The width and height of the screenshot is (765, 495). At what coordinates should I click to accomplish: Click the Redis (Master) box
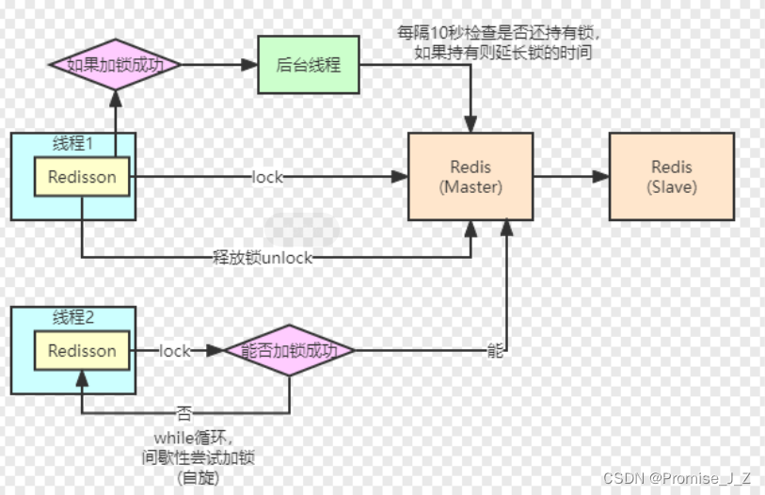pos(470,177)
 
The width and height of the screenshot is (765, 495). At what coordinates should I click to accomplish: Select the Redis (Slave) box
pos(672,177)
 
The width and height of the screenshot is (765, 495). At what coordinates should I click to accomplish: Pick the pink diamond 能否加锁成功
pos(289,351)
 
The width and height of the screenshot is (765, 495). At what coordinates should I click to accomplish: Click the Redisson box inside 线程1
pos(82,176)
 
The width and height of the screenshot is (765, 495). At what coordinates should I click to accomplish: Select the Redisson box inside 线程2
pos(82,351)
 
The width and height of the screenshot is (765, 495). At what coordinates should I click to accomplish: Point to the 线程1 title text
pos(73,144)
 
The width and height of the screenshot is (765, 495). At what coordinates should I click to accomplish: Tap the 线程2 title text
pos(73,318)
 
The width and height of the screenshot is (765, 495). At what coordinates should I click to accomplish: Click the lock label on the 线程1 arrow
pos(267,177)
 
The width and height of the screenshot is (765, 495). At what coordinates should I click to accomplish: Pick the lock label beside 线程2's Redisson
pos(175,351)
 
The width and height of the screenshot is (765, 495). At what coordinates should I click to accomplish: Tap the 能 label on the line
pos(495,351)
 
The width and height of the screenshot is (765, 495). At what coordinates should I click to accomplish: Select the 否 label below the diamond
pos(183,412)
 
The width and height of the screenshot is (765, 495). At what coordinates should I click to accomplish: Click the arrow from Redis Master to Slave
pos(570,177)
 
